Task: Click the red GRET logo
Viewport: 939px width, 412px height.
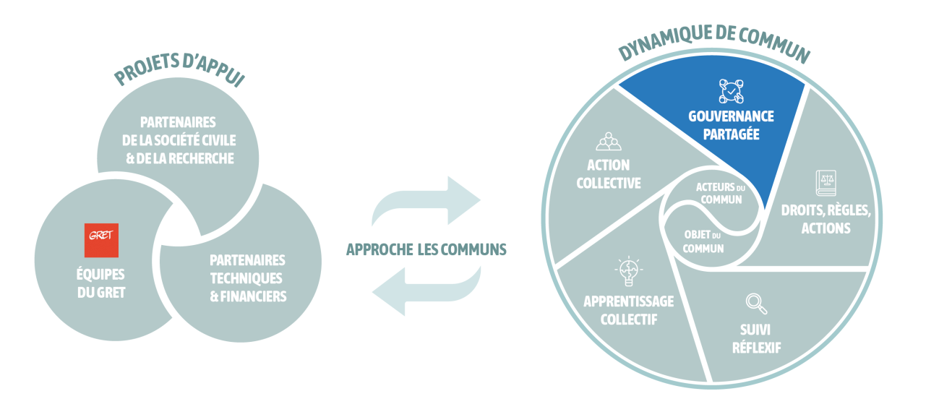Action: (x=101, y=241)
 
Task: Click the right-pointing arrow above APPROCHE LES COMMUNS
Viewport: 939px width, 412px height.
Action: (x=426, y=201)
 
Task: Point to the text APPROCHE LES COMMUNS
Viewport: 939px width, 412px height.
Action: (x=426, y=249)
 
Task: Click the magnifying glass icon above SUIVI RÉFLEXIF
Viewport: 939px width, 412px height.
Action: (x=755, y=304)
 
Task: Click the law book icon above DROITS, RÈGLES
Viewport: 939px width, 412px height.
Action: (x=826, y=183)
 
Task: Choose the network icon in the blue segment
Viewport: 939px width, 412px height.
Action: (x=731, y=90)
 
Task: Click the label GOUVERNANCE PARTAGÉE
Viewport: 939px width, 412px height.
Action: (x=731, y=124)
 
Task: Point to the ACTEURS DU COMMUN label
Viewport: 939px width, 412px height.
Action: (x=719, y=193)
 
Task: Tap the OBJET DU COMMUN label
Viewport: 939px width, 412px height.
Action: (x=703, y=241)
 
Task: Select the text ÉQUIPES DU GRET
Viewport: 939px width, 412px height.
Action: (x=101, y=283)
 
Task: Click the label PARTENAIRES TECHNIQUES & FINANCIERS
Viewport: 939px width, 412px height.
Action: (x=247, y=278)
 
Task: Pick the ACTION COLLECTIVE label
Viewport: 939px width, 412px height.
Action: (x=608, y=174)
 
